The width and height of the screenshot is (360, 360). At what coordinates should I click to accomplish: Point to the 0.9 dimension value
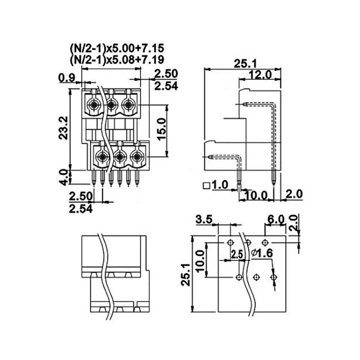coord(67,78)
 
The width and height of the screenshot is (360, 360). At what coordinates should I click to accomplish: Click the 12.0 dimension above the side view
coord(260,75)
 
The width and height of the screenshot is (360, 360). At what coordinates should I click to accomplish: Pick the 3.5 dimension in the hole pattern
coord(204,220)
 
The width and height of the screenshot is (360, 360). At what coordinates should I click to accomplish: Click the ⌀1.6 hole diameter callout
coord(262,253)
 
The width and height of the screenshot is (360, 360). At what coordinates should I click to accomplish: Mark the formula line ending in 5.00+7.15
coord(117,48)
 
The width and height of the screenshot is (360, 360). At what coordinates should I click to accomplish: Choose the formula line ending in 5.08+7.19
coord(117,59)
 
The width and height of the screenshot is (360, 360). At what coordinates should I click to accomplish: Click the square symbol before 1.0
coord(206,185)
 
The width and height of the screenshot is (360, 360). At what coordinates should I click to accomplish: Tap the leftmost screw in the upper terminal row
coord(94,105)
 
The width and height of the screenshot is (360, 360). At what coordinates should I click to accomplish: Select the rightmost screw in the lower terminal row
coord(136,157)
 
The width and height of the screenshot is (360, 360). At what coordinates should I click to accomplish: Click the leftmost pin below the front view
coord(94,178)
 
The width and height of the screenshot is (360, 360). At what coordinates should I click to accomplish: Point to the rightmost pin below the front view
coord(137,178)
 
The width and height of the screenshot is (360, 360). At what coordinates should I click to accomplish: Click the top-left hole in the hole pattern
coord(230,242)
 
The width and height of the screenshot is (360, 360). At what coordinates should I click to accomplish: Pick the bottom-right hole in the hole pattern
coord(273,277)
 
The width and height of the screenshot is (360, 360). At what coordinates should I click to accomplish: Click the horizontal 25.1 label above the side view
coord(245,64)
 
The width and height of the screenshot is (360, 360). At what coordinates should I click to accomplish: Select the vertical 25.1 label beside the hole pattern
coord(185,275)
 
